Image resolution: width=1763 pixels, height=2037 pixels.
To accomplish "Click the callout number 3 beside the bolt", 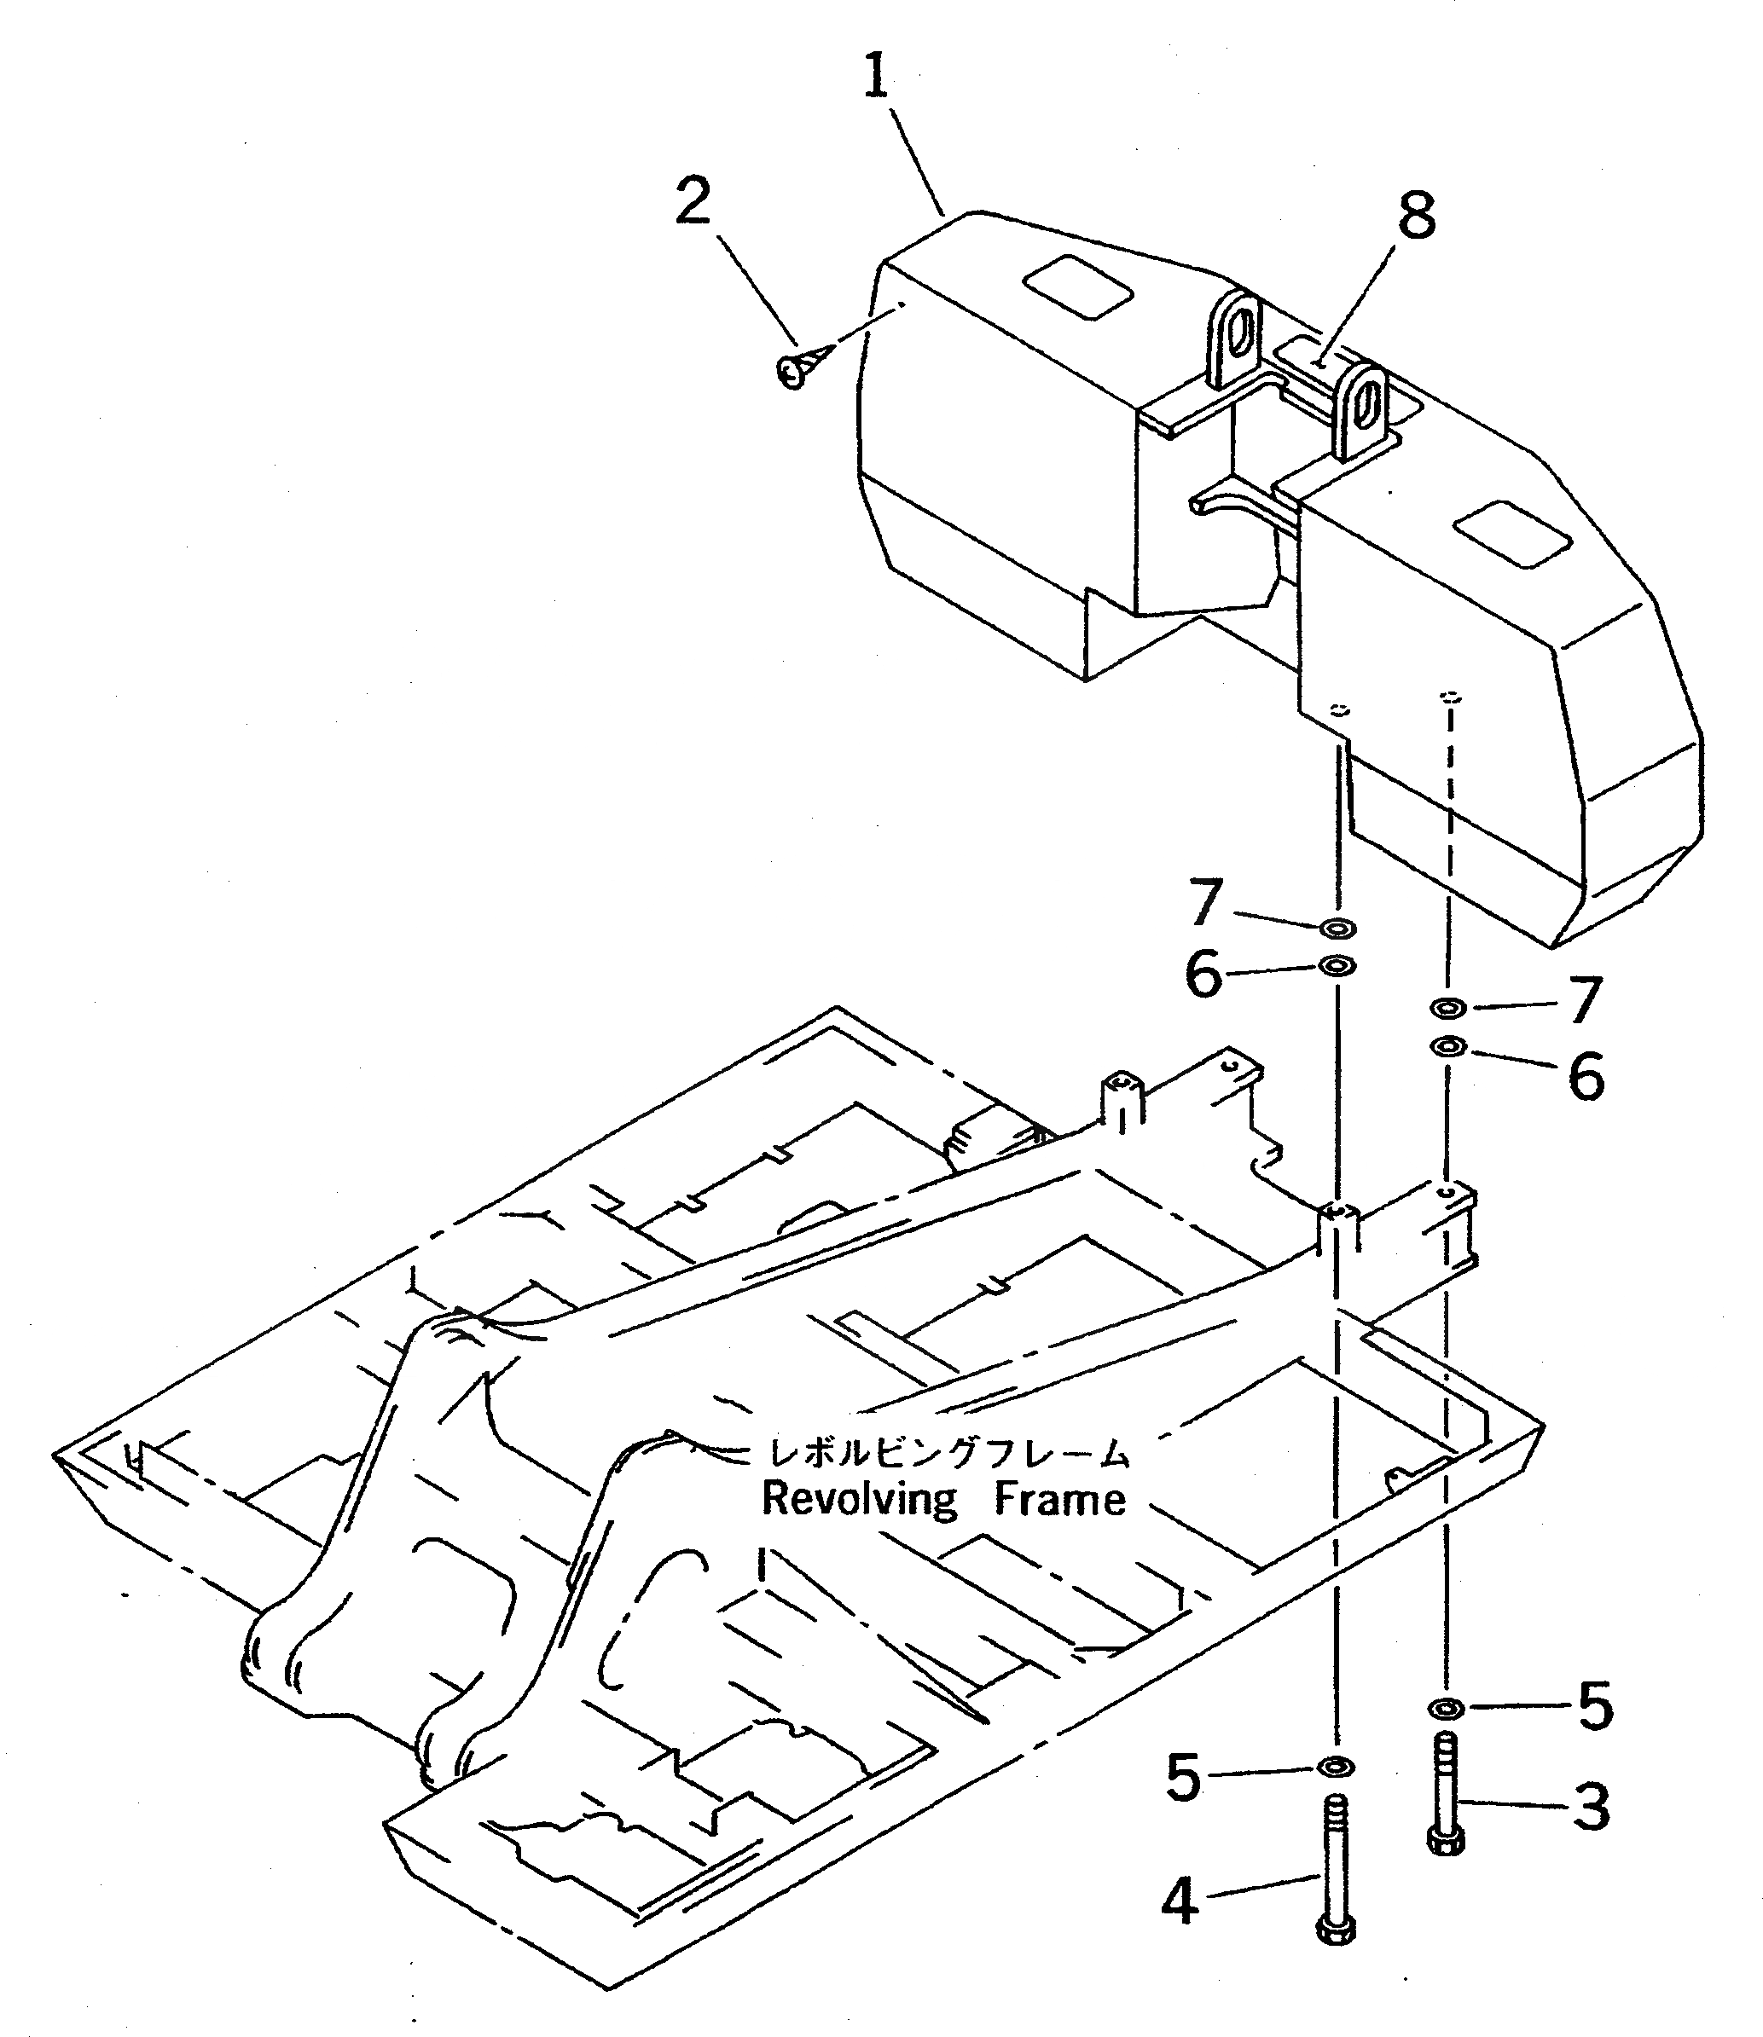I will point(1591,1808).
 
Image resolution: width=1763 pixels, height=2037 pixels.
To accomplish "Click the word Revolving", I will point(859,1499).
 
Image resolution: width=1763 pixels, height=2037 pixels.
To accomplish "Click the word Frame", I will point(1059,1499).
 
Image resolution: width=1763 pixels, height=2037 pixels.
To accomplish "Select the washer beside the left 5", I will point(1335,1768).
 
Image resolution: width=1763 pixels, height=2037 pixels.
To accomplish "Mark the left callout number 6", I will point(1203,975).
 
